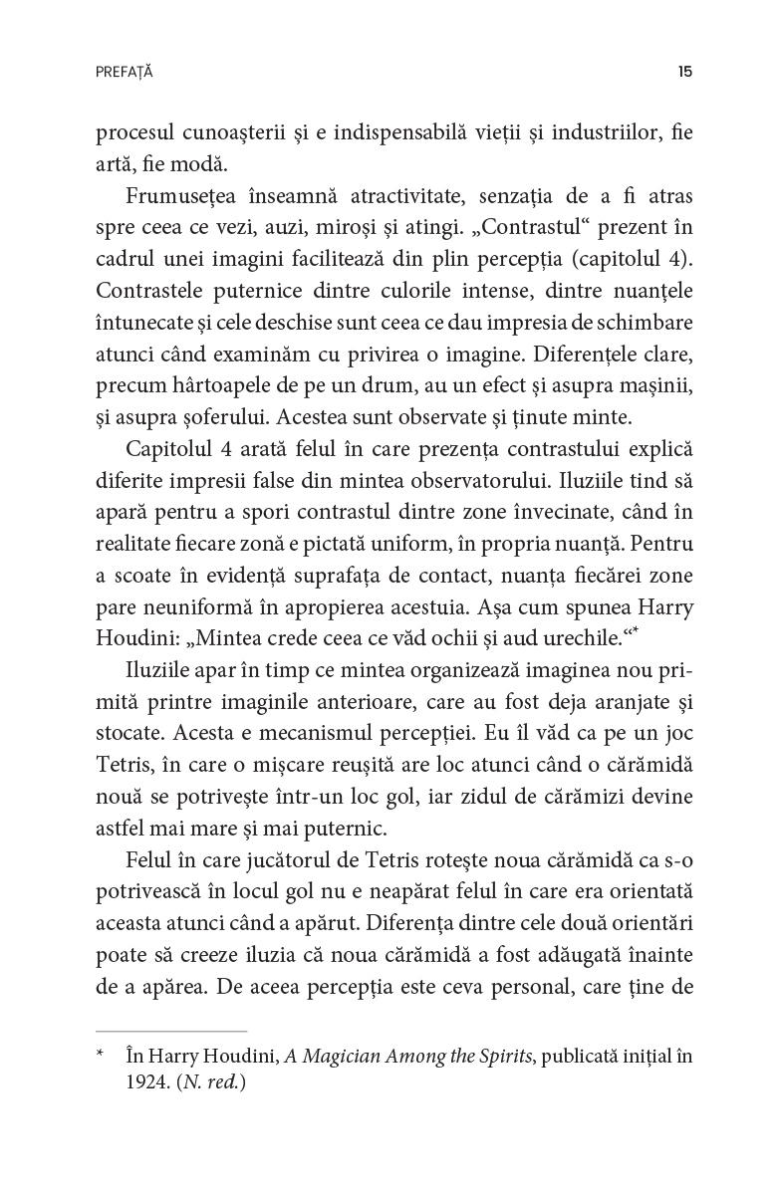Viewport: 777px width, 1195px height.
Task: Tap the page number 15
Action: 684,72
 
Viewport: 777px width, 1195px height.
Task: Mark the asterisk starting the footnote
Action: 100,1054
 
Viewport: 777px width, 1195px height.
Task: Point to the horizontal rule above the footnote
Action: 170,1031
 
